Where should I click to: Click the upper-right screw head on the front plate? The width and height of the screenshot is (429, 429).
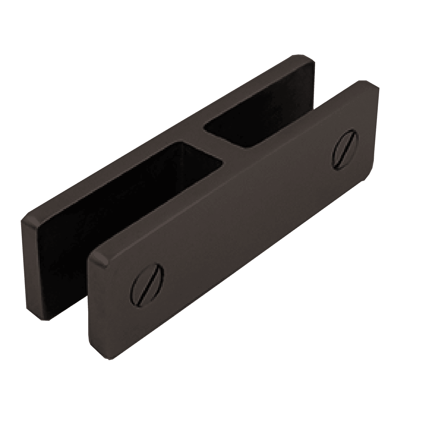pyautogui.click(x=345, y=149)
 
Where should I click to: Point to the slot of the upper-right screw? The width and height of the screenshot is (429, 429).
pyautogui.click(x=345, y=149)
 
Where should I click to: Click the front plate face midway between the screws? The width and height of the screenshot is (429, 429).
pyautogui.click(x=246, y=214)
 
